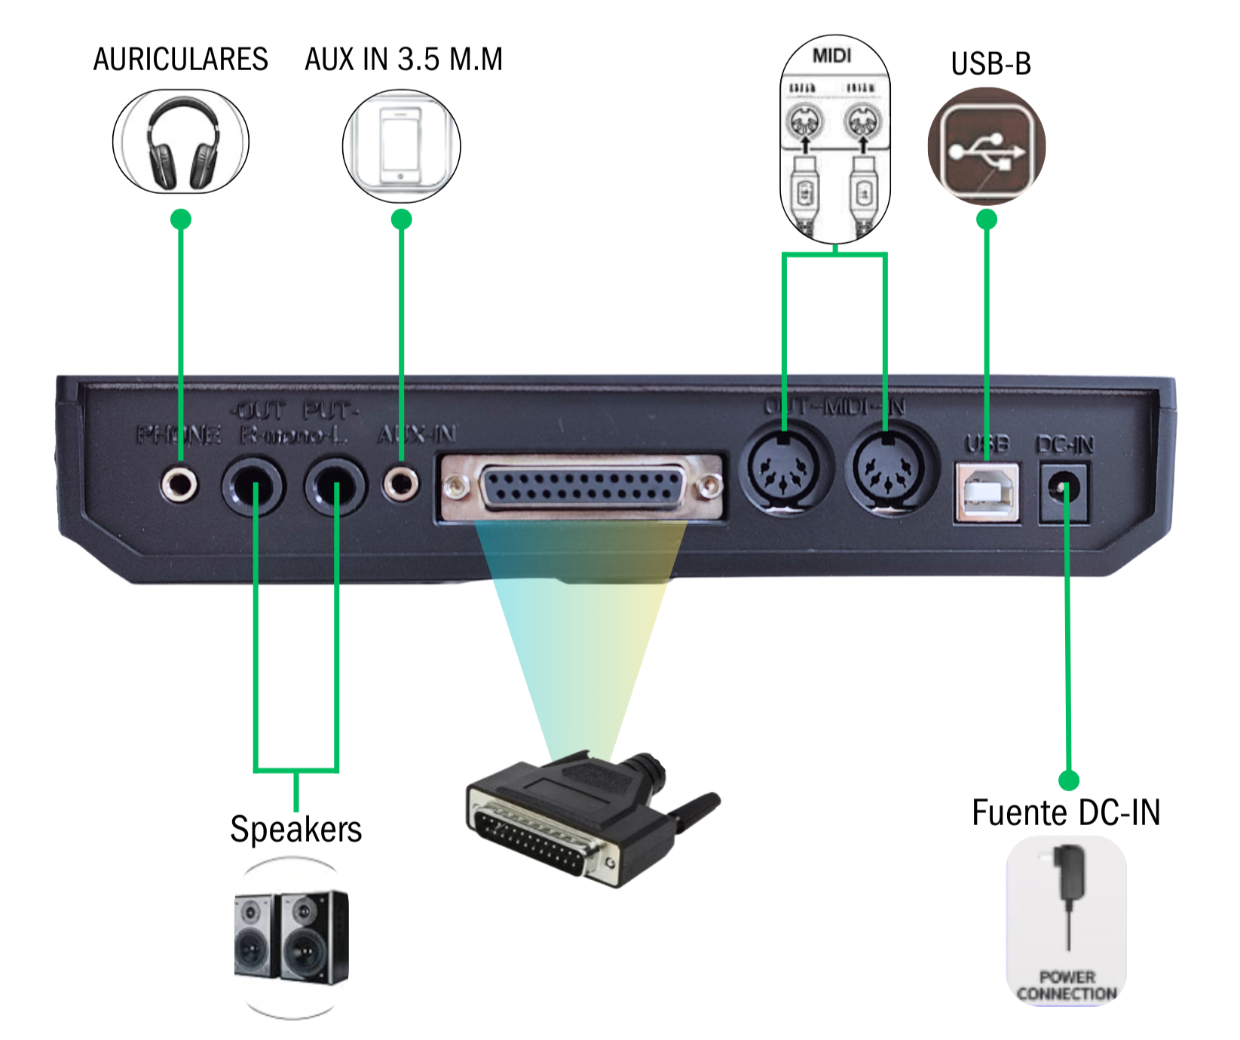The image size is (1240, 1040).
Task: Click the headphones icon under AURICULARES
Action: coord(181,143)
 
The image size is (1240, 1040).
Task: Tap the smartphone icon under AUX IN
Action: coord(401,146)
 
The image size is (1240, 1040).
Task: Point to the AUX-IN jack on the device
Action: coord(400,482)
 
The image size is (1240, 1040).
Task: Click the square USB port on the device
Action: coord(987,492)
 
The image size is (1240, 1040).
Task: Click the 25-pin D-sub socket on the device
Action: coord(581,488)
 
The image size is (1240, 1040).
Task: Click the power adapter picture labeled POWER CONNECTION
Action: coord(1067,920)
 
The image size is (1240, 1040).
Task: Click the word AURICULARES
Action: coord(180,59)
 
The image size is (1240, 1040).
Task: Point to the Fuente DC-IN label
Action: coord(1065,813)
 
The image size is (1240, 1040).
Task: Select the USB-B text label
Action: coord(990,64)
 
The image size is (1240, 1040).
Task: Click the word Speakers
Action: coord(295,829)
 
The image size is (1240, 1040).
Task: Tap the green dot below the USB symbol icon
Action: coord(987,219)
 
